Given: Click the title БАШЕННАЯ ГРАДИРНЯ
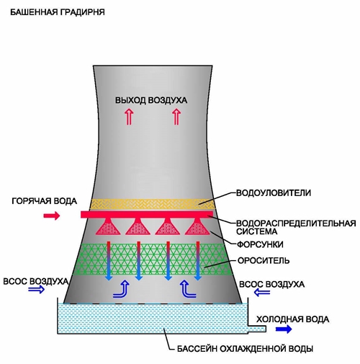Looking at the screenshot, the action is tap(58, 12).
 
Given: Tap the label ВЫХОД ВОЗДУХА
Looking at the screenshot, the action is tap(151, 100).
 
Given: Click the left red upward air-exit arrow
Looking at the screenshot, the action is tap(129, 117).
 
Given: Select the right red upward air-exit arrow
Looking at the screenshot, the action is tap(176, 117).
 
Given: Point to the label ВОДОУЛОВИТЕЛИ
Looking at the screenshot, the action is tap(274, 193).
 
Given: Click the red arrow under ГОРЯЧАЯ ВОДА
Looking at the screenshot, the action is tap(51, 216).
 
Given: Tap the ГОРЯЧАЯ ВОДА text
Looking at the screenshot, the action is tap(45, 201).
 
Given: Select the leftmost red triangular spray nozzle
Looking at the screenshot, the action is tap(108, 226).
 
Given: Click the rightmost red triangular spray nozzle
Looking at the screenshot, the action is tap(197, 226).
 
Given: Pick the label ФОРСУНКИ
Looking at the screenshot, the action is tap(260, 244).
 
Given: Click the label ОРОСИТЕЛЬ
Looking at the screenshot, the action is tap(264, 261).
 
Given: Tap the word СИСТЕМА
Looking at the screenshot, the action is tap(257, 231).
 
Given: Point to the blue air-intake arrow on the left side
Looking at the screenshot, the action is tap(37, 289).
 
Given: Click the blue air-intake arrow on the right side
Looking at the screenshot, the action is tap(262, 293).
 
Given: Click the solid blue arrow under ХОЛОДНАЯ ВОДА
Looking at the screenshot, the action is tap(284, 329).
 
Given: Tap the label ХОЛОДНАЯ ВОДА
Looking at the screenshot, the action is tap(292, 319).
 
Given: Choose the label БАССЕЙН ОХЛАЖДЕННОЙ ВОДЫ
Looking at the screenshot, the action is tap(245, 349).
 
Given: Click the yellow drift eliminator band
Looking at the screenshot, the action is tap(153, 204).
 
